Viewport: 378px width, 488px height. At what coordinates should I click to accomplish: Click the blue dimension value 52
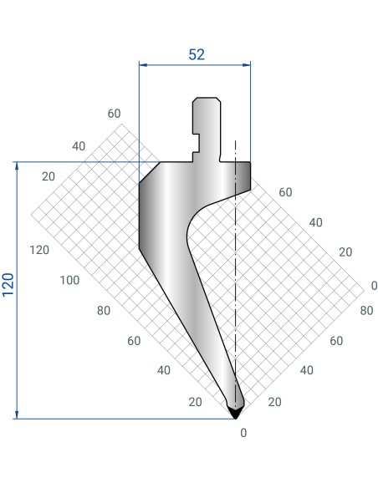pos(197,54)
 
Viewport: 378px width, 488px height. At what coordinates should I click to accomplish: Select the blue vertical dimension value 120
pos(8,284)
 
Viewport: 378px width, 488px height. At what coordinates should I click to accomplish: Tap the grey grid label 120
pos(39,250)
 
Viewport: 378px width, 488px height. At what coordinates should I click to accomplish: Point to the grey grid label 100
pos(69,280)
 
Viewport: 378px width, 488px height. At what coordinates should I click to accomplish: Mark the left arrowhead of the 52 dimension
pos(143,64)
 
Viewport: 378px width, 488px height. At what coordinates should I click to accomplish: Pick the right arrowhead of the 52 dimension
pos(247,64)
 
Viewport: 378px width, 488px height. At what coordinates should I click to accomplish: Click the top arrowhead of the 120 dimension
pos(17,166)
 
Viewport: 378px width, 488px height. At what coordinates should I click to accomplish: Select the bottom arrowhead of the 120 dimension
pos(17,414)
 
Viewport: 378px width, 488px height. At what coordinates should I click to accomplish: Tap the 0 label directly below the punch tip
pos(243,433)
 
